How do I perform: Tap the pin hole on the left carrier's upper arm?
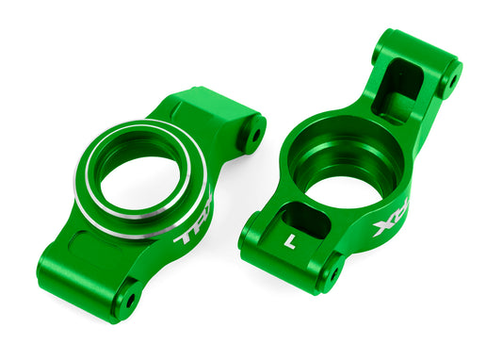tap(252, 137)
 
